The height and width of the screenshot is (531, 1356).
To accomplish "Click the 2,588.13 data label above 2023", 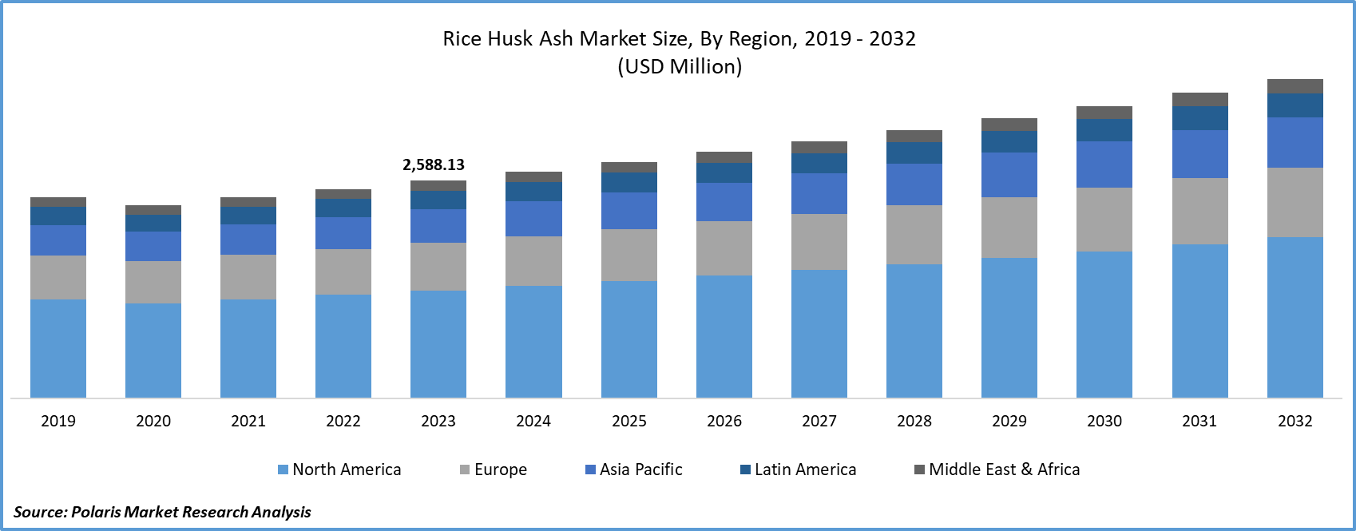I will click(x=433, y=165).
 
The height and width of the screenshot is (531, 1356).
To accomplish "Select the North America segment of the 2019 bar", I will click(x=58, y=348).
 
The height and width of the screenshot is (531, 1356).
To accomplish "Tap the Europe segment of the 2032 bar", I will click(x=1295, y=202).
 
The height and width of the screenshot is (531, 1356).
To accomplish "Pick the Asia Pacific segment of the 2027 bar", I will click(x=819, y=193).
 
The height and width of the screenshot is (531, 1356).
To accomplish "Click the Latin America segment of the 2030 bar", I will click(x=1104, y=130).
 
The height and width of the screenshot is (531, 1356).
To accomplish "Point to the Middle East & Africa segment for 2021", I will click(x=248, y=202).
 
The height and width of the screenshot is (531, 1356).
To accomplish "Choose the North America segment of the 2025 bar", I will click(x=628, y=339).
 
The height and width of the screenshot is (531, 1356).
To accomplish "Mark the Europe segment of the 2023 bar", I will click(x=438, y=266).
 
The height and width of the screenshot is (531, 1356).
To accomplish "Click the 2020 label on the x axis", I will click(x=153, y=421).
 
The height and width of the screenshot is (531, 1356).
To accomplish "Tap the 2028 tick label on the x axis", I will click(x=914, y=421).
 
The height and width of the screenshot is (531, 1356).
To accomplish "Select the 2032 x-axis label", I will click(x=1295, y=421).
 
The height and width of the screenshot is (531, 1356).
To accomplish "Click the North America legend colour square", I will click(x=283, y=470).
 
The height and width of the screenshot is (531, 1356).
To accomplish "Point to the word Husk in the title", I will click(x=509, y=38).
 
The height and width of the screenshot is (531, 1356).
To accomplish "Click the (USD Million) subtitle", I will click(x=680, y=66).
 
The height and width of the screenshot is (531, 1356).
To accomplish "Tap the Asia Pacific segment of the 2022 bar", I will click(x=343, y=233).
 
